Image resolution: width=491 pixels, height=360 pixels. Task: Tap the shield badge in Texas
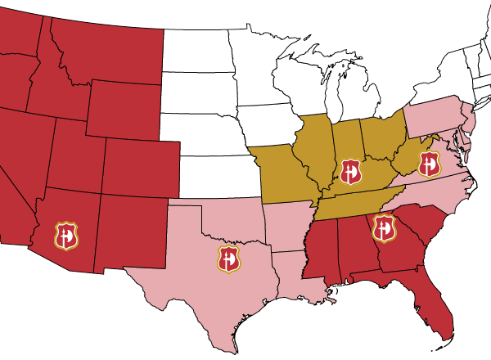(229, 259)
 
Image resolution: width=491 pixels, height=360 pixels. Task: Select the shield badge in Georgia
(383, 227)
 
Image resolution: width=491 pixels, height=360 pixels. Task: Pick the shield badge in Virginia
(429, 164)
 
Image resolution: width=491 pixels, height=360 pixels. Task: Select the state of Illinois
(316, 151)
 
